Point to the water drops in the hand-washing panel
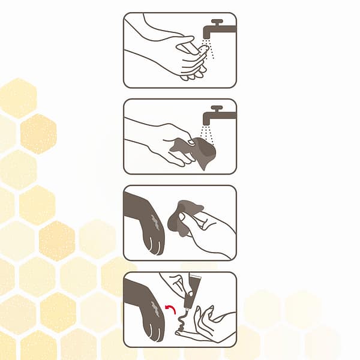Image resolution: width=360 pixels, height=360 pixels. [208, 49]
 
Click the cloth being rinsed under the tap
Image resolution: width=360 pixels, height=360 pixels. [197, 152]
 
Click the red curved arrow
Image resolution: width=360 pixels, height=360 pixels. [171, 310]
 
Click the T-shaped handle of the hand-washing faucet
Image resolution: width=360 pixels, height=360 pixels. [217, 21]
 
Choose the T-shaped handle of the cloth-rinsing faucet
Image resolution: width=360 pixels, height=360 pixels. [217, 107]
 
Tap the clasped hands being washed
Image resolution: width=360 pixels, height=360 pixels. [188, 57]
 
